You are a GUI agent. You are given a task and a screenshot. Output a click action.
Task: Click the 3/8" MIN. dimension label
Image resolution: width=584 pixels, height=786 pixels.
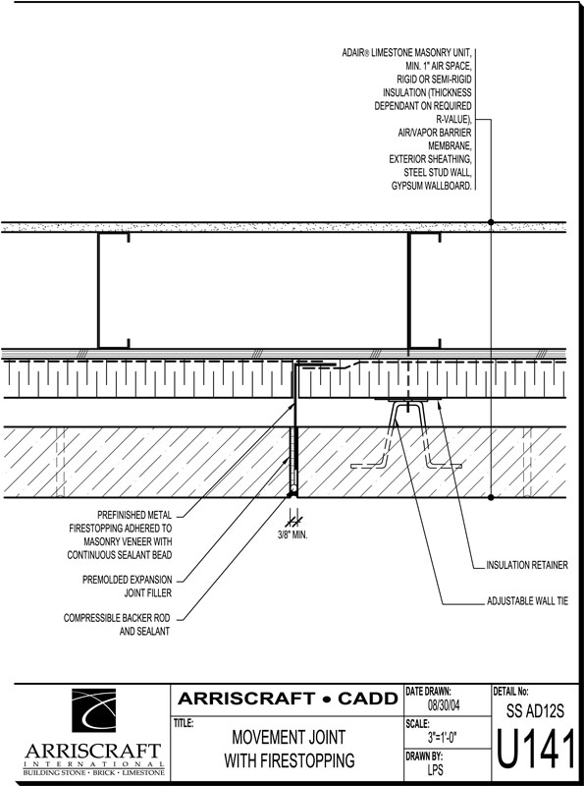pyautogui.click(x=292, y=535)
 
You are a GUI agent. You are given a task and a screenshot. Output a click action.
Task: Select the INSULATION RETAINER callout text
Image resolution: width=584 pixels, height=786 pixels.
pyautogui.click(x=527, y=565)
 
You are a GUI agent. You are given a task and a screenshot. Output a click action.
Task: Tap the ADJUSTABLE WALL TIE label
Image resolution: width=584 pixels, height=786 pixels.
pyautogui.click(x=527, y=600)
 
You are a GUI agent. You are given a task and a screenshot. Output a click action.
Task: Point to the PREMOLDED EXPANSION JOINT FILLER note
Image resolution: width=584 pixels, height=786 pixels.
pyautogui.click(x=128, y=586)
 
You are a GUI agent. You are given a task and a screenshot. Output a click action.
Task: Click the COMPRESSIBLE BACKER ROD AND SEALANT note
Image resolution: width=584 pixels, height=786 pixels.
pyautogui.click(x=117, y=625)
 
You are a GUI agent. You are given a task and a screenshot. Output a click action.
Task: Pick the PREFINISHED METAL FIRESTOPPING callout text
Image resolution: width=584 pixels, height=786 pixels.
pyautogui.click(x=120, y=534)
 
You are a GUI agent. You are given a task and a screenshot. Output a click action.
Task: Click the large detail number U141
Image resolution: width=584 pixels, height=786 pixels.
pyautogui.click(x=536, y=750)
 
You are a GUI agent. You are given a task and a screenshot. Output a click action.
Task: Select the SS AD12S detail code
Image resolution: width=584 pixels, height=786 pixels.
pyautogui.click(x=535, y=710)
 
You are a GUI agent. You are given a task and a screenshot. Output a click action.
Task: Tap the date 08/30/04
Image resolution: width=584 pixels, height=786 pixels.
pyautogui.click(x=444, y=705)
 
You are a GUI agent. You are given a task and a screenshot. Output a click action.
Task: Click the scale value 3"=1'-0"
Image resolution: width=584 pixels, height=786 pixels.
pyautogui.click(x=443, y=737)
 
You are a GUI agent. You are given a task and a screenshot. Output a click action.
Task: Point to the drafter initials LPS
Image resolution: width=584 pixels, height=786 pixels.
pyautogui.click(x=435, y=769)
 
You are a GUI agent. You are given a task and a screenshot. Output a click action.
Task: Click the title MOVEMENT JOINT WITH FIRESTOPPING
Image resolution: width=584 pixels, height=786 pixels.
pyautogui.click(x=289, y=749)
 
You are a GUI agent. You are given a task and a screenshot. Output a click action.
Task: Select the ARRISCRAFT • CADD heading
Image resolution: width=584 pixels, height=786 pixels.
pyautogui.click(x=288, y=699)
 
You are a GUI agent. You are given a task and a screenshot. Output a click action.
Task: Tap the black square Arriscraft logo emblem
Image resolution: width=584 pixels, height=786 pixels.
pyautogui.click(x=93, y=709)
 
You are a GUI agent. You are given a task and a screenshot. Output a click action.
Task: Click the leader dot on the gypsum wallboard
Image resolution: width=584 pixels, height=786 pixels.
pyautogui.click(x=491, y=222)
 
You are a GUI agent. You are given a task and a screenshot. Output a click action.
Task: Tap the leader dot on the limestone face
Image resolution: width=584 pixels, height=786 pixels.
pyautogui.click(x=491, y=497)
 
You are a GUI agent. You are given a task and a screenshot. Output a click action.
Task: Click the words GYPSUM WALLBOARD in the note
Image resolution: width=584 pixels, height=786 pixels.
pyautogui.click(x=431, y=186)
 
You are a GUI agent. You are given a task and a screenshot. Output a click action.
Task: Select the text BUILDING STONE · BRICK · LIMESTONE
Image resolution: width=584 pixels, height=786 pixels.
pyautogui.click(x=93, y=772)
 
